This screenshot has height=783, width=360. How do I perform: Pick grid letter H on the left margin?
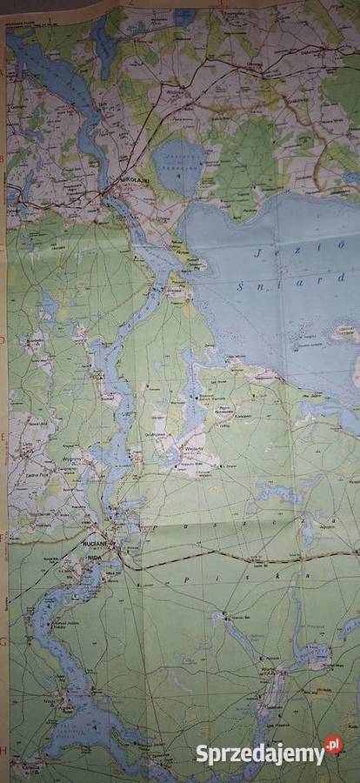point(3,750)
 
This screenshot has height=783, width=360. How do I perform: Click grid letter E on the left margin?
point(3,439)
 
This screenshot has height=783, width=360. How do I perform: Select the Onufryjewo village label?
point(156,434)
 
